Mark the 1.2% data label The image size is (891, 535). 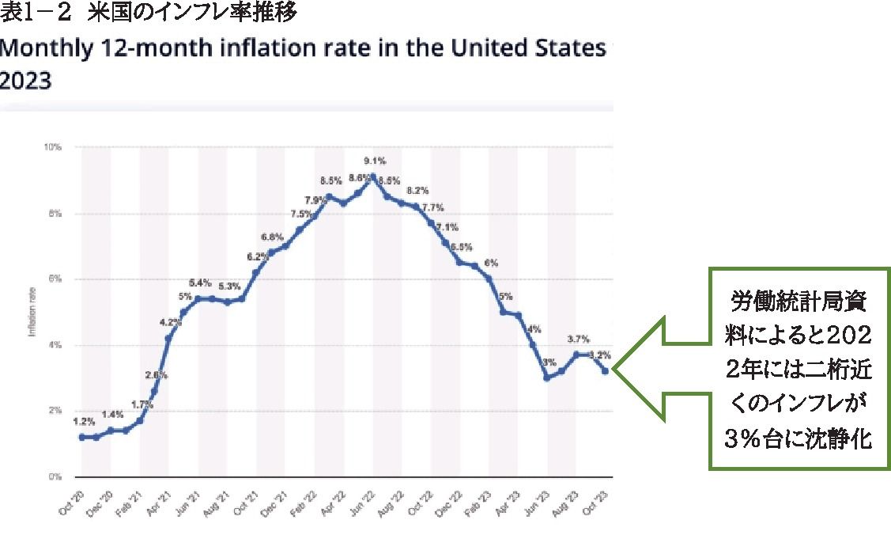[x=82, y=422]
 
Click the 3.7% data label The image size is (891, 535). [x=578, y=339]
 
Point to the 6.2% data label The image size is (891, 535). [x=256, y=256]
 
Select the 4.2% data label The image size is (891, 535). [x=170, y=322]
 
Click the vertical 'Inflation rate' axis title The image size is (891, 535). [x=32, y=312]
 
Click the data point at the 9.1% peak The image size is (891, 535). [x=373, y=176]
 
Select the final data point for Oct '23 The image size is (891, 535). [x=606, y=370]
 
